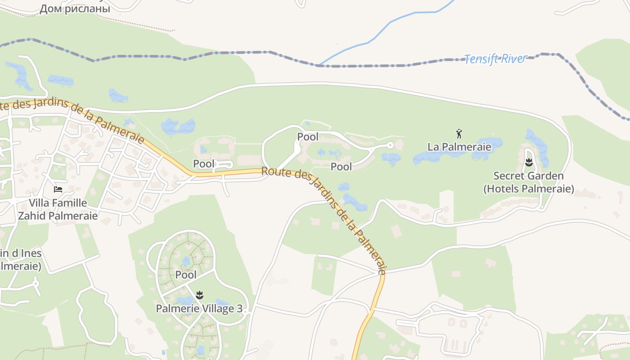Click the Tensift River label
click(x=495, y=59)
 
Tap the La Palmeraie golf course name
click(x=459, y=147)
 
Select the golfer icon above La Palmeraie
click(x=459, y=134)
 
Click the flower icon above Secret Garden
click(x=529, y=162)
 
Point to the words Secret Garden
click(x=528, y=175)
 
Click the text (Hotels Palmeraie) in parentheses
click(x=529, y=189)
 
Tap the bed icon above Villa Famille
click(x=58, y=189)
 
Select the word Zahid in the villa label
click(x=32, y=216)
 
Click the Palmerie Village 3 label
click(x=199, y=309)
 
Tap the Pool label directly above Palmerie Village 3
click(x=186, y=274)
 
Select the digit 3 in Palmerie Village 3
click(x=239, y=309)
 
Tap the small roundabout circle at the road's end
click(x=390, y=145)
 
